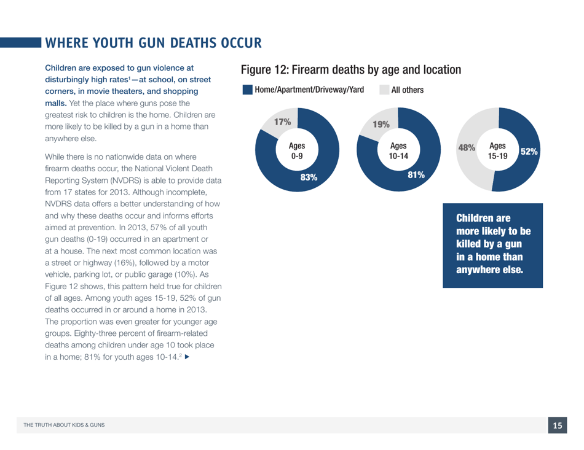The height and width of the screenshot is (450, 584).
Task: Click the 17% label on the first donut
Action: [x=282, y=122]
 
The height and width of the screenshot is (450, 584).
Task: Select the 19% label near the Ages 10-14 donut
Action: [x=382, y=125]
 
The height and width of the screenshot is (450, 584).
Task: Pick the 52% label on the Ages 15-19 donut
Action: [x=529, y=150]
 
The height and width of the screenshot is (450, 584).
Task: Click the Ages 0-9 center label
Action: [x=297, y=152]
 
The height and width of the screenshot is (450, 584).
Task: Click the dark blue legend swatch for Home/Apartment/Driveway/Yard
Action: [x=248, y=90]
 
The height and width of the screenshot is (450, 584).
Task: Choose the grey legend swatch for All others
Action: [x=384, y=90]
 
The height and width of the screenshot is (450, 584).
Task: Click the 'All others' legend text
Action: [x=408, y=90]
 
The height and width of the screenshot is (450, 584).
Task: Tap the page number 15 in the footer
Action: [x=558, y=425]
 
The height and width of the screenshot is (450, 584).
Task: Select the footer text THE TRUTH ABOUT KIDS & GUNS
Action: [x=58, y=425]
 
